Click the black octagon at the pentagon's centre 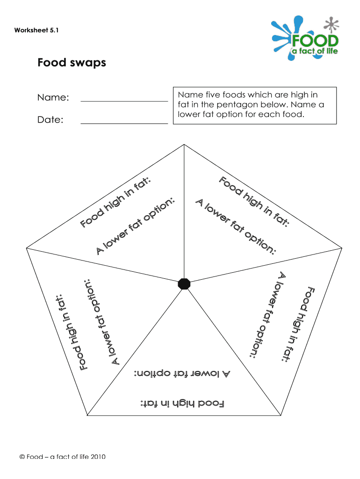[x=184, y=283]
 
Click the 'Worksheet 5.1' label [x=36, y=31]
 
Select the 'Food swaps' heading [x=72, y=62]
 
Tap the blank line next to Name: [x=124, y=100]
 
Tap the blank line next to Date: [x=124, y=123]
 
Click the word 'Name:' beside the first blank [x=53, y=98]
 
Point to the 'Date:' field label [x=50, y=120]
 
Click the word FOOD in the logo [x=315, y=40]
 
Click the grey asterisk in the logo [x=332, y=25]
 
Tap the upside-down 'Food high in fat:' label [x=183, y=403]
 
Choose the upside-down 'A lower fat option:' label [x=183, y=373]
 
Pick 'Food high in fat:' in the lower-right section [x=299, y=324]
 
